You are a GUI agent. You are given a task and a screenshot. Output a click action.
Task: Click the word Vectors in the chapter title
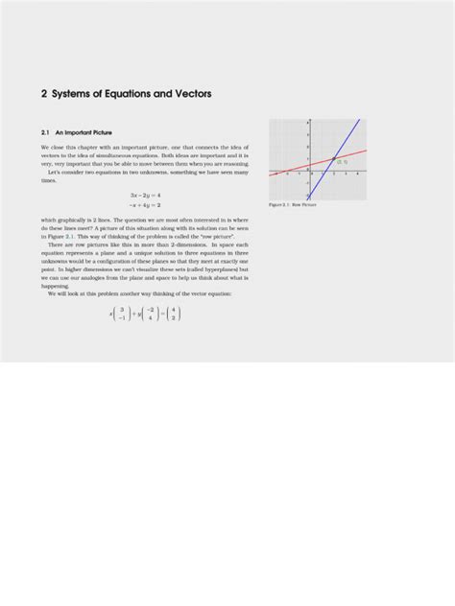coord(187,94)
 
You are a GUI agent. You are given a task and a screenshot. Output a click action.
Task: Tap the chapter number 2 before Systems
coord(44,94)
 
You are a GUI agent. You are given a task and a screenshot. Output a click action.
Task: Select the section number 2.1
coord(46,130)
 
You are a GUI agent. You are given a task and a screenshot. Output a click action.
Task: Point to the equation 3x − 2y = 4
coord(144,195)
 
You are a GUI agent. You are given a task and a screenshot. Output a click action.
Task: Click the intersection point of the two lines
coord(332,159)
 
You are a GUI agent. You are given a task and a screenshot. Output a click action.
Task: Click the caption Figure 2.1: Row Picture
coord(293,205)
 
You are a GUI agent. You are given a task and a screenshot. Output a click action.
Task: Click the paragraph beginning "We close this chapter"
coord(144,162)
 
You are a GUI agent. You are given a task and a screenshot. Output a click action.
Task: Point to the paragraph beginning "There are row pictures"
coord(144,265)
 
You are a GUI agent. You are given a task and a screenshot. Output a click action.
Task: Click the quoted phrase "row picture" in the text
coord(215,235)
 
